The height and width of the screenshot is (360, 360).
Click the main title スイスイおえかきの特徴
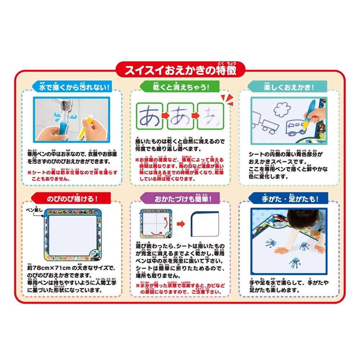[x=180, y=70]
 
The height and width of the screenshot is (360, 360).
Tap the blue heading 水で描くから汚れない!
[x=74, y=87]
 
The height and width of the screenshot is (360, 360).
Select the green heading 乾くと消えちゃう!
[x=181, y=87]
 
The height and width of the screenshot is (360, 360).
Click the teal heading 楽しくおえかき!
[x=289, y=87]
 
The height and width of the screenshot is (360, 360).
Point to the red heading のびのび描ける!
[x=72, y=199]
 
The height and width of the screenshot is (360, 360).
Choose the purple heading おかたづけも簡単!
[x=183, y=199]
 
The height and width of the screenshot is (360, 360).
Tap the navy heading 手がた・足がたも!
[x=290, y=199]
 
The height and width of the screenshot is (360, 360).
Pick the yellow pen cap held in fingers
[x=86, y=127]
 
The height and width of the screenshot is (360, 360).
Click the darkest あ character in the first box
[x=150, y=116]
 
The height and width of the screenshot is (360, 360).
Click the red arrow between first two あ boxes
[x=165, y=115]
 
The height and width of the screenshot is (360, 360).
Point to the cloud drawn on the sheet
[x=282, y=109]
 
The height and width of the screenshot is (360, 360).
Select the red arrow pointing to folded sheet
[x=181, y=224]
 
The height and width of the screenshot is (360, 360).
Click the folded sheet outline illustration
[x=205, y=224]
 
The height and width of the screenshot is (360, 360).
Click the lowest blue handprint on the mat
[x=295, y=264]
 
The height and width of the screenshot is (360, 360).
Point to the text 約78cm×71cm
[x=49, y=268]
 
